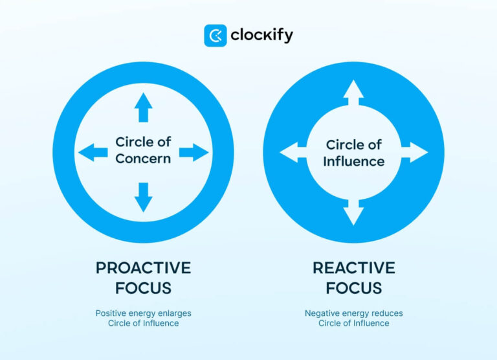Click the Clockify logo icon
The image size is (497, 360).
click(x=215, y=36)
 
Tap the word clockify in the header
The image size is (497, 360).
click(x=261, y=36)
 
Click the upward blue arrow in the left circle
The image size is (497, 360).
click(x=143, y=108)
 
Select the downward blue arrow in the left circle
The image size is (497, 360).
click(x=143, y=197)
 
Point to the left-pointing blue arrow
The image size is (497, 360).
click(x=93, y=153)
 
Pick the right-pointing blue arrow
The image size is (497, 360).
click(x=193, y=153)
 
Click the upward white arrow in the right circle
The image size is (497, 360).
click(x=353, y=93)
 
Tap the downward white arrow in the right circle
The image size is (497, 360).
click(x=353, y=212)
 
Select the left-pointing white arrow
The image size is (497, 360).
click(x=293, y=153)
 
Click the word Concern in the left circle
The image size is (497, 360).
click(x=143, y=159)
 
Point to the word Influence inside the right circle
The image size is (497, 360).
click(x=354, y=161)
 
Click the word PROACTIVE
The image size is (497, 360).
click(x=143, y=268)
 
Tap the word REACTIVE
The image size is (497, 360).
click(x=354, y=268)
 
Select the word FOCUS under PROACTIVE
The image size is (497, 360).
click(x=143, y=287)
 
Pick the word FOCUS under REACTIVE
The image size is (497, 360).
click(x=354, y=287)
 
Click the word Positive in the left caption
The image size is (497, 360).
click(x=111, y=313)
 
